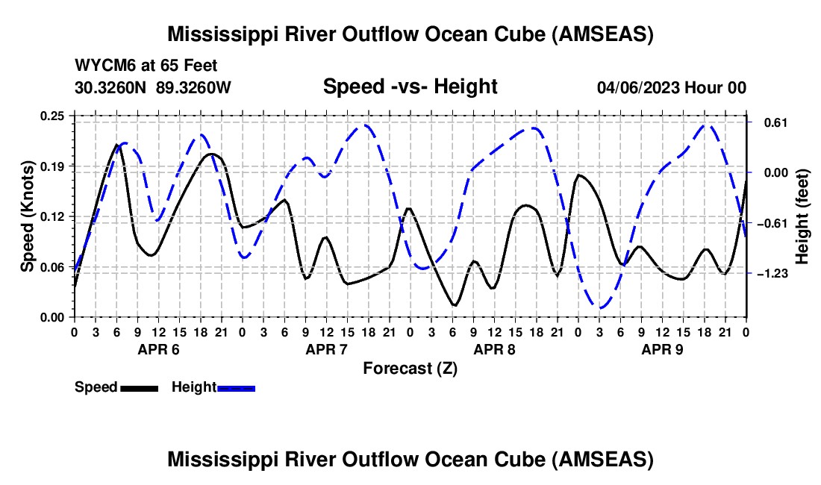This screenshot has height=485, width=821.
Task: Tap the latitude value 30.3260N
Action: pyautogui.click(x=110, y=87)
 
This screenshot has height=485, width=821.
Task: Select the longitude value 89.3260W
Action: pyautogui.click(x=193, y=87)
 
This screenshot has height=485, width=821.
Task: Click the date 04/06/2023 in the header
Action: pyautogui.click(x=638, y=87)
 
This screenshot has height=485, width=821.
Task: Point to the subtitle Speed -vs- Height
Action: pyautogui.click(x=410, y=87)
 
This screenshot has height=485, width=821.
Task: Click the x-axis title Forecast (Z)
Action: pyautogui.click(x=410, y=369)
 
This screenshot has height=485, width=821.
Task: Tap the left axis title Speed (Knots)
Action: pyautogui.click(x=27, y=216)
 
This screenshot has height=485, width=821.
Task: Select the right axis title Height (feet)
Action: pyautogui.click(x=802, y=216)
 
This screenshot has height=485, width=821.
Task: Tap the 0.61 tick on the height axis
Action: pyautogui.click(x=775, y=123)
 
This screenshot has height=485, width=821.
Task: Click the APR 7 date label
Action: pyautogui.click(x=326, y=349)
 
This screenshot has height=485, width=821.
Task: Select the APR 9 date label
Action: pyautogui.click(x=662, y=349)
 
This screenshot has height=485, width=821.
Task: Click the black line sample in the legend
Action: pyautogui.click(x=140, y=389)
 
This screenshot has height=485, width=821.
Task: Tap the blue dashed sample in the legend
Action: pyautogui.click(x=236, y=389)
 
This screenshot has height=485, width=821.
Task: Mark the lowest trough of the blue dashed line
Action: pyautogui.click(x=600, y=308)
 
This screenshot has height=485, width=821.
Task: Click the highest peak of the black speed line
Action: pyautogui.click(x=116, y=144)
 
